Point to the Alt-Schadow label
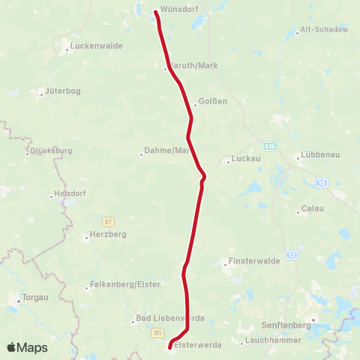point(324,29)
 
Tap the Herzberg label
point(108,234)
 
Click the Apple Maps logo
point(27,347)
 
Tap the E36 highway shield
point(271,145)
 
